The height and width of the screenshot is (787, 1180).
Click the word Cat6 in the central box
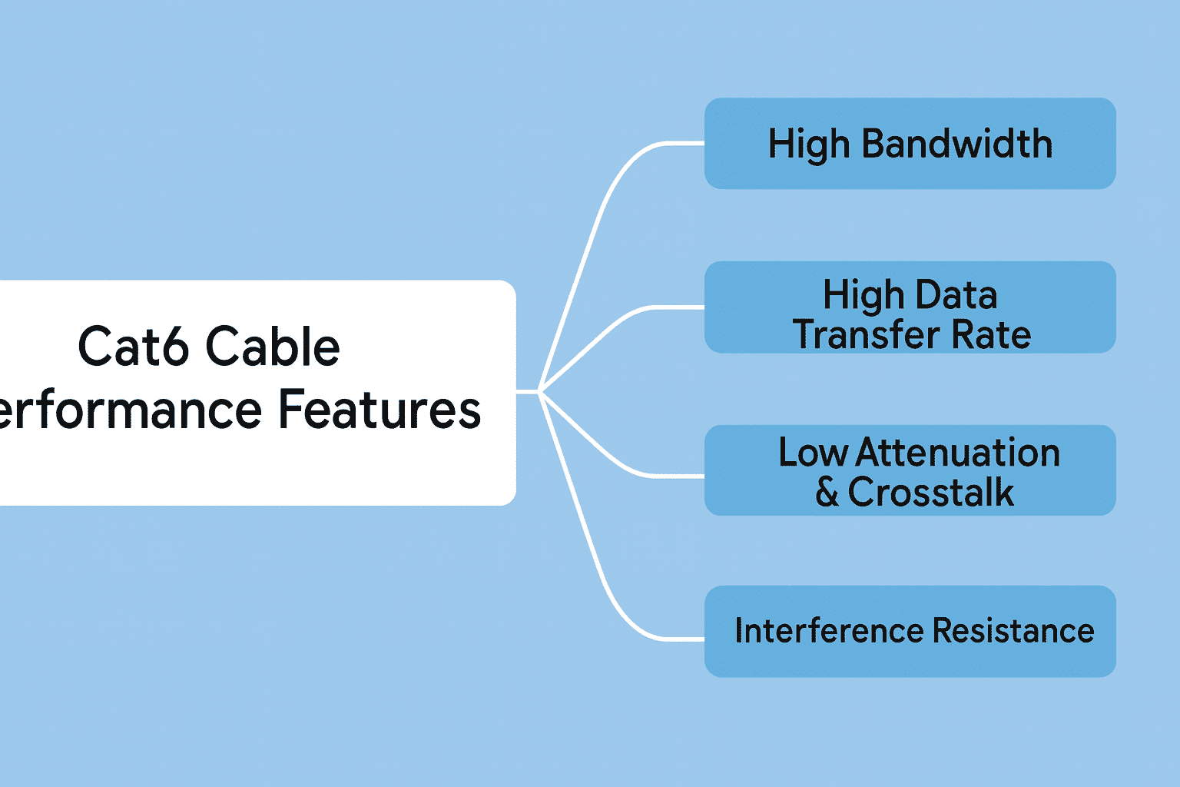[x=133, y=347]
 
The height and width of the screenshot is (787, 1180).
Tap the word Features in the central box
[x=379, y=410]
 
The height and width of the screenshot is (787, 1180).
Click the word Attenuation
[x=958, y=453]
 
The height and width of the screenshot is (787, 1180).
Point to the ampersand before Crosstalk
[x=827, y=493]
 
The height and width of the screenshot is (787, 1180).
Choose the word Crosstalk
[x=930, y=493]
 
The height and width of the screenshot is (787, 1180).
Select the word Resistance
[x=1013, y=631]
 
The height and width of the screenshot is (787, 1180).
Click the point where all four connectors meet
[x=541, y=392]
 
